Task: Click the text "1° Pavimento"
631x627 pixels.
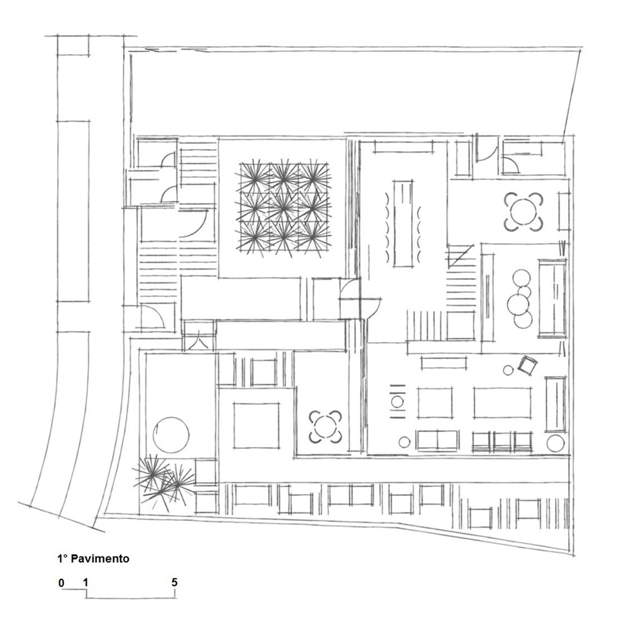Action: pos(93,558)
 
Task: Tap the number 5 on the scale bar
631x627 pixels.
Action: pos(174,582)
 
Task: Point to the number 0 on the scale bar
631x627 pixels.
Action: pos(61,583)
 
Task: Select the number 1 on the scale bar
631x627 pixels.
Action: pos(85,583)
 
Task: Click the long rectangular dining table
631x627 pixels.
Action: pos(403,224)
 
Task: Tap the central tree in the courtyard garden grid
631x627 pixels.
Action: pos(283,208)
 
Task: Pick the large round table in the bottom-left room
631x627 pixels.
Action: pos(171,435)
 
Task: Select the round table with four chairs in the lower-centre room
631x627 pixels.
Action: pos(325,427)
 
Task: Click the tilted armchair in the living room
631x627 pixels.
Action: pos(528,365)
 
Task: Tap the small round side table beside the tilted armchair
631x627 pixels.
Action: pos(509,370)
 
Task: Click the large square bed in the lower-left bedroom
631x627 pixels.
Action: pos(257,426)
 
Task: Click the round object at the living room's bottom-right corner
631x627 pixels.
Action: pos(556,443)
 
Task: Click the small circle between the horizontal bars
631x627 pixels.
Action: pos(398,401)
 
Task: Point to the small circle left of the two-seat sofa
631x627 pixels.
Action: pos(405,442)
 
